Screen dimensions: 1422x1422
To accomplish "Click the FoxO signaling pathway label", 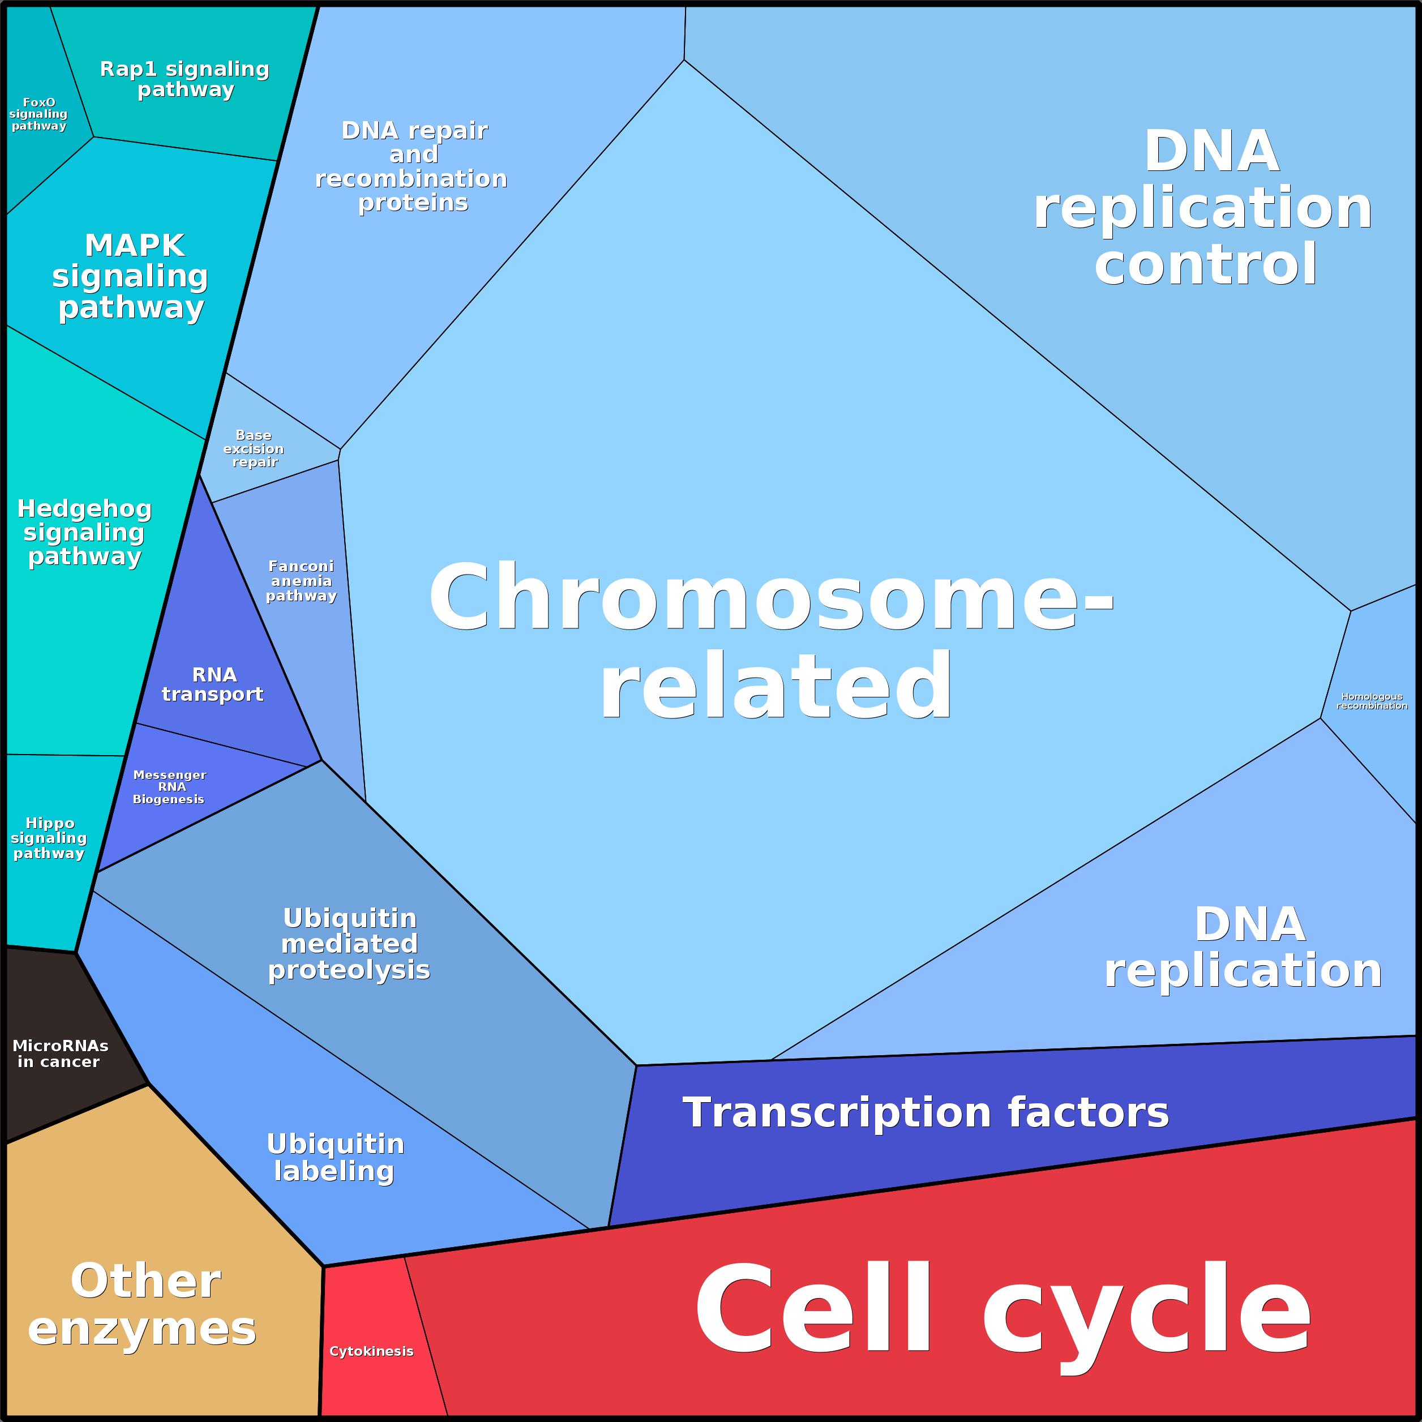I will coord(38,114).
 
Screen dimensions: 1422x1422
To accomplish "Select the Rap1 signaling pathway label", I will coord(185,79).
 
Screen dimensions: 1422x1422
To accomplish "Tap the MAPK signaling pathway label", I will coord(131,276).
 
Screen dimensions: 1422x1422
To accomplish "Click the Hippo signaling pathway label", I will coord(49,838).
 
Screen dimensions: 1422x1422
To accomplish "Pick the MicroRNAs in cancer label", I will coord(59,1054).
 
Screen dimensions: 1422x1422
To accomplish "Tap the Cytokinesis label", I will coord(371,1351).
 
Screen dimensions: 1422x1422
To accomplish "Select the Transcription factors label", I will coord(925,1112).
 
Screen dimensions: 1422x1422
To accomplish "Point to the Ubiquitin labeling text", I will coord(335,1157).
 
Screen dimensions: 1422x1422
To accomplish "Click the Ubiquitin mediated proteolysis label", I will coord(349,944).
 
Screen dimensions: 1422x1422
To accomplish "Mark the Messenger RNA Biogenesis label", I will coord(169,787).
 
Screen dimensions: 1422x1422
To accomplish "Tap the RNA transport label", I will coord(213,684).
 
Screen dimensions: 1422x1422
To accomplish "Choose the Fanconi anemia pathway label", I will coord(301,581).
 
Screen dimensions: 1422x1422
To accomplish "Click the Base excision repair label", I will coord(254,448).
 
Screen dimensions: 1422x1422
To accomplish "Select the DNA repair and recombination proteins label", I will coord(412,166).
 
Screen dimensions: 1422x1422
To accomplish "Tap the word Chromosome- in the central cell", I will coord(770,596).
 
